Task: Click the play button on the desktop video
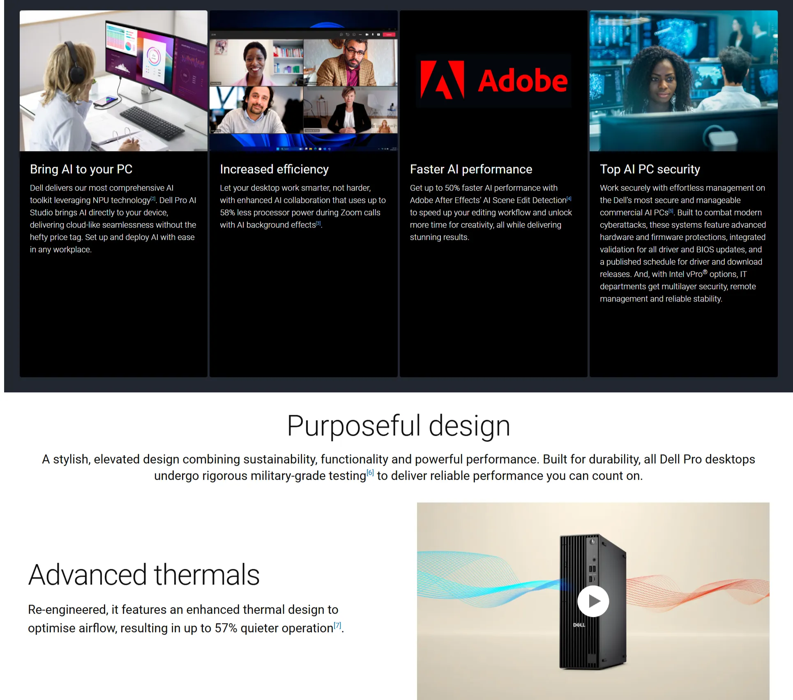coord(593,601)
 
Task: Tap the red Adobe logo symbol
coord(443,80)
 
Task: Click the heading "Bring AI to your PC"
coord(81,169)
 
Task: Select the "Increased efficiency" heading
coord(274,169)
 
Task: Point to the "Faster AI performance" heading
coord(471,169)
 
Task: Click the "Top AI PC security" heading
coord(650,169)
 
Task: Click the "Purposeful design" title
coord(399,426)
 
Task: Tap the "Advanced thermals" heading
coord(144,574)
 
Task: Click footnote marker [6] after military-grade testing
coord(370,472)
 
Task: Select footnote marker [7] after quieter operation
coord(337,625)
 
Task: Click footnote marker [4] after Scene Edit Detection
coord(569,198)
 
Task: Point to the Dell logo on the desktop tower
coord(579,625)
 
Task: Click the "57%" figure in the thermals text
coord(226,628)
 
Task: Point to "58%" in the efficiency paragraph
coord(227,212)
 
